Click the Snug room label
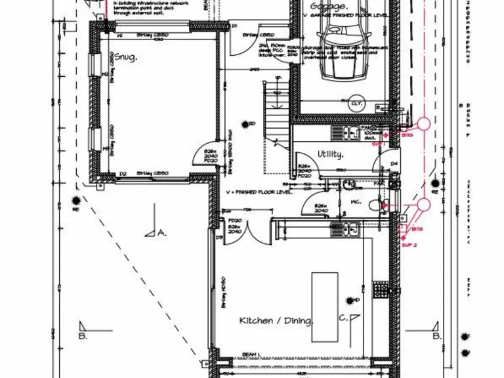[x=125, y=58]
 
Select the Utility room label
[x=331, y=155]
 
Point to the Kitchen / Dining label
[x=276, y=320]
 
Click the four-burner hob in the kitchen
[x=381, y=289]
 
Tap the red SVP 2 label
[x=409, y=244]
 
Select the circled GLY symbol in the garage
[x=356, y=103]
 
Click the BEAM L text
[x=250, y=354]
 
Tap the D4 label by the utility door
[x=394, y=163]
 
